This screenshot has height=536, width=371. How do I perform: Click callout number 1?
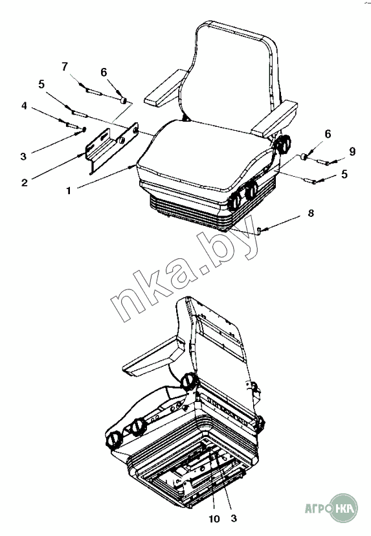[x=69, y=191]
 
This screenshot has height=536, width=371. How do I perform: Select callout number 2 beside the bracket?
[x=24, y=182]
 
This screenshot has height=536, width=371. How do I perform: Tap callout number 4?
[x=24, y=106]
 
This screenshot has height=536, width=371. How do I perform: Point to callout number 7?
[x=65, y=66]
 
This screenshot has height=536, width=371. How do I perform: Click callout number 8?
[x=311, y=214]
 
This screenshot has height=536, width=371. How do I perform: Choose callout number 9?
[x=352, y=151]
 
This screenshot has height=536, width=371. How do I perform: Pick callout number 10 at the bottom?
[x=214, y=519]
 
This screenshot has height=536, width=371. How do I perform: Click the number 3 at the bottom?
[x=234, y=519]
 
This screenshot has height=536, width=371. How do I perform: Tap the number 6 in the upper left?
[x=104, y=72]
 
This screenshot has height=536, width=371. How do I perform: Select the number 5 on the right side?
[x=344, y=174]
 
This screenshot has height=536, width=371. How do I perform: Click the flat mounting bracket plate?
[x=111, y=149]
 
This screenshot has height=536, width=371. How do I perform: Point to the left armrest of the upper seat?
[x=166, y=87]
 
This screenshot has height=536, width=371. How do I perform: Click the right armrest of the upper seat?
[x=275, y=118]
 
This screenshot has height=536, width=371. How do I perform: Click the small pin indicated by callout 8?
[x=259, y=231]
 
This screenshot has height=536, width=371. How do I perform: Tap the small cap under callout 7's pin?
[x=124, y=100]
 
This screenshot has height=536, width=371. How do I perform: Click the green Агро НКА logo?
[x=331, y=508]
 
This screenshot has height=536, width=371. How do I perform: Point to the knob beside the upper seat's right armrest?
[x=284, y=144]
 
